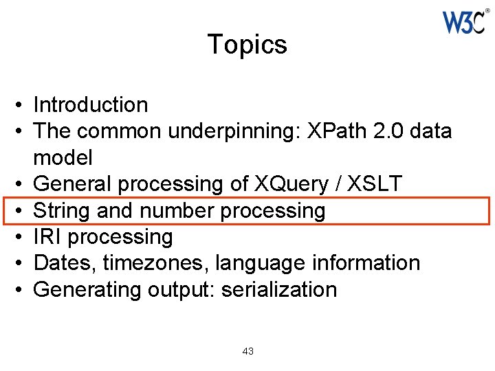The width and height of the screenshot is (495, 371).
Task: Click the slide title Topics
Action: tap(247, 45)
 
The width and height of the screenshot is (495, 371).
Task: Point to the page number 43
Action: tap(248, 351)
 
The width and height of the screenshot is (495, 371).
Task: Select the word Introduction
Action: tap(90, 105)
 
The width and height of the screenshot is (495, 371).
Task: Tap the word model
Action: tap(63, 157)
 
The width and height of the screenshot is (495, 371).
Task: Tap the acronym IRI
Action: tap(47, 237)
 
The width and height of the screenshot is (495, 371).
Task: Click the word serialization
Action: tap(278, 289)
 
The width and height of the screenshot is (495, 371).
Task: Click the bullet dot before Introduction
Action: tap(23, 106)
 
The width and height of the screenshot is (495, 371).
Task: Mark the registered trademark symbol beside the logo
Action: tap(487, 10)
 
